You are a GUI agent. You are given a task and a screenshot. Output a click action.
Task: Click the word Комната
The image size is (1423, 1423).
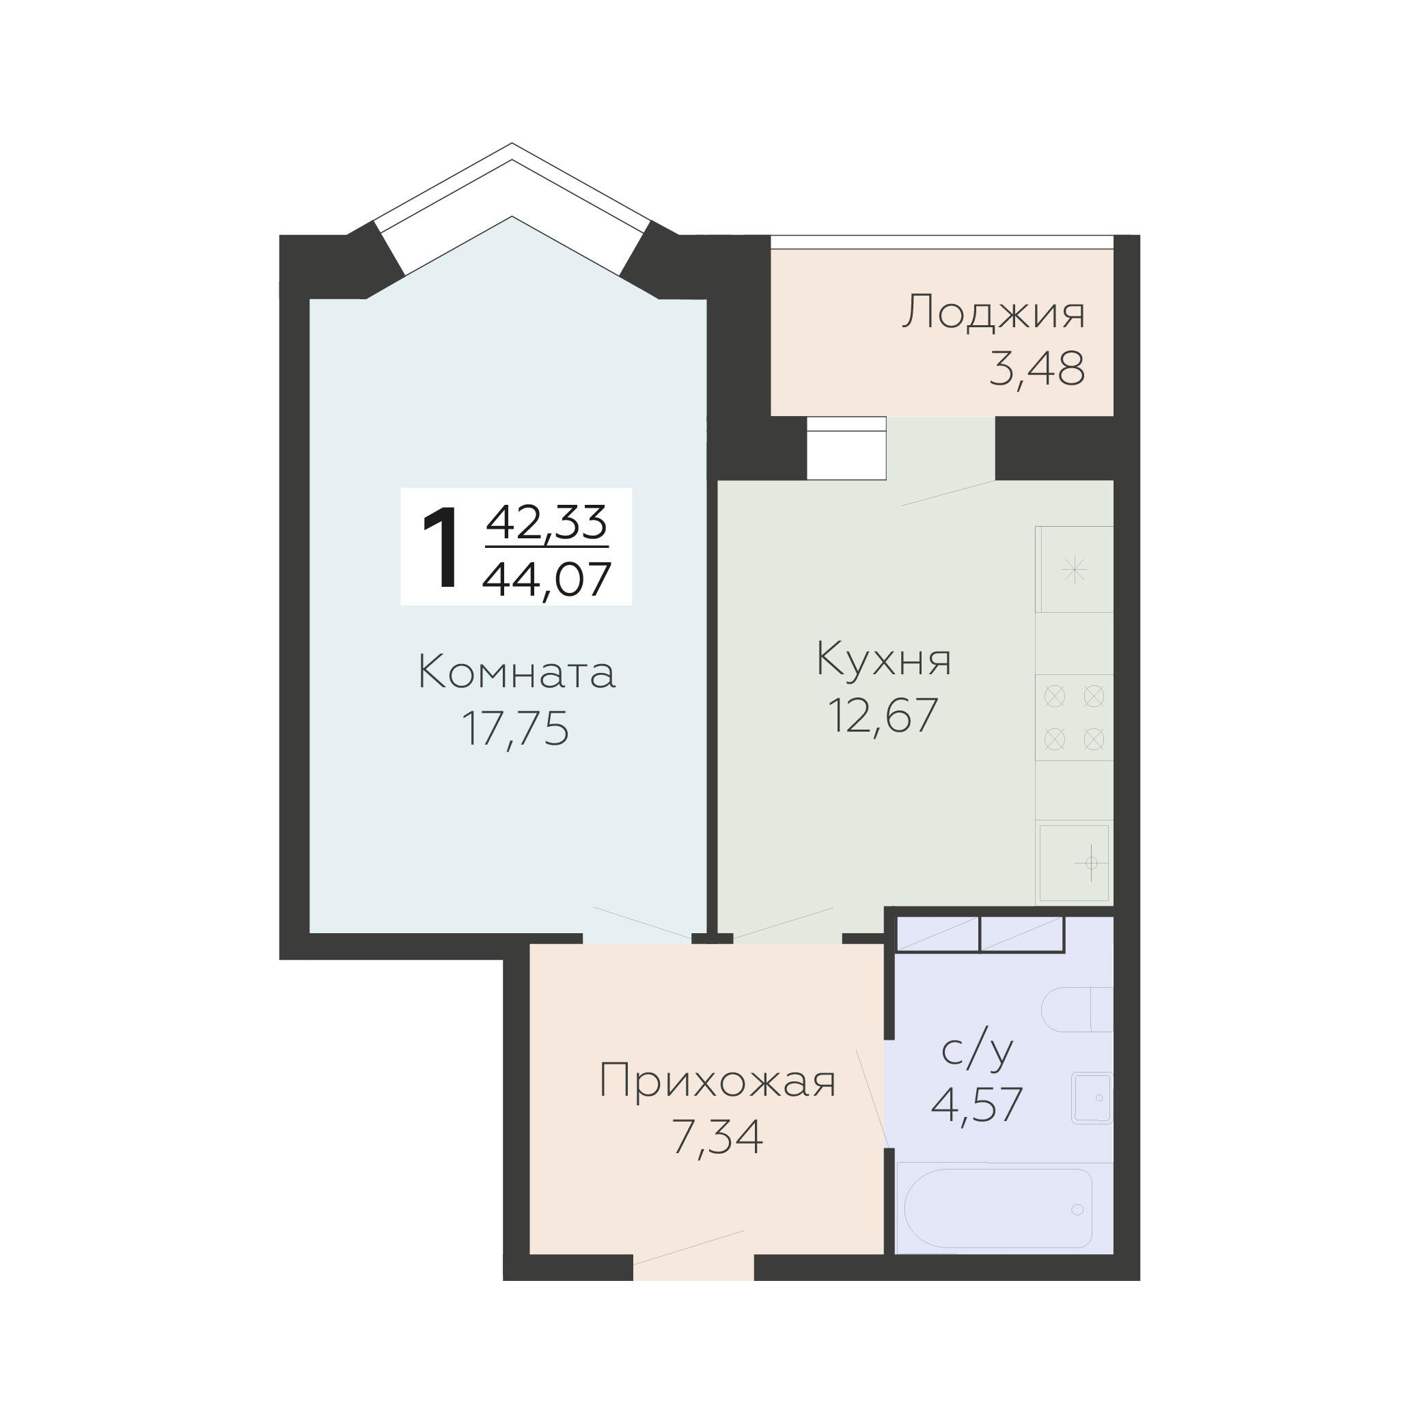pyautogui.click(x=516, y=673)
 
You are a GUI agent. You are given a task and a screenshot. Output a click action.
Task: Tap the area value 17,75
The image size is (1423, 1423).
pyautogui.click(x=515, y=729)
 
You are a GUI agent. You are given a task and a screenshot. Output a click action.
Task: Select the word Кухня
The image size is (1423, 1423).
pyautogui.click(x=884, y=659)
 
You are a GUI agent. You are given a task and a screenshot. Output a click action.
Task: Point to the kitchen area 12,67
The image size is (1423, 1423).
pyautogui.click(x=883, y=715)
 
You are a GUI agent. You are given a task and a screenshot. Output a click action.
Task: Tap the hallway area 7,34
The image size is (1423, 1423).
pyautogui.click(x=717, y=1138)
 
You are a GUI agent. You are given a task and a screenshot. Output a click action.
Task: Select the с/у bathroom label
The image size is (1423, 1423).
pyautogui.click(x=978, y=1052)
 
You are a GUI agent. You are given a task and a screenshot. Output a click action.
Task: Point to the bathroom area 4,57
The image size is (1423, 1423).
pyautogui.click(x=978, y=1104)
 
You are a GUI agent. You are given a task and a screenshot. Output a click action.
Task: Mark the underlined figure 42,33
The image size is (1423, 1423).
pyautogui.click(x=547, y=522)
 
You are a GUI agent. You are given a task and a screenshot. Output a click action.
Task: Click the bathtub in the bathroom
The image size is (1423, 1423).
pyautogui.click(x=998, y=1208)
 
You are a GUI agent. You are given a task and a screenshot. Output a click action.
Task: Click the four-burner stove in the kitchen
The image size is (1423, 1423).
pyautogui.click(x=1075, y=717)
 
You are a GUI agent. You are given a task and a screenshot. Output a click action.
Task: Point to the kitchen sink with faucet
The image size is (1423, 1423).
pyautogui.click(x=1075, y=863)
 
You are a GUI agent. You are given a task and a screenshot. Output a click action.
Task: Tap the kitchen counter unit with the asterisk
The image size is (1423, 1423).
pyautogui.click(x=1075, y=569)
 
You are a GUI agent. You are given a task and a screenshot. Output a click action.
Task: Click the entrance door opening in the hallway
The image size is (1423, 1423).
pyautogui.click(x=693, y=1269)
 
